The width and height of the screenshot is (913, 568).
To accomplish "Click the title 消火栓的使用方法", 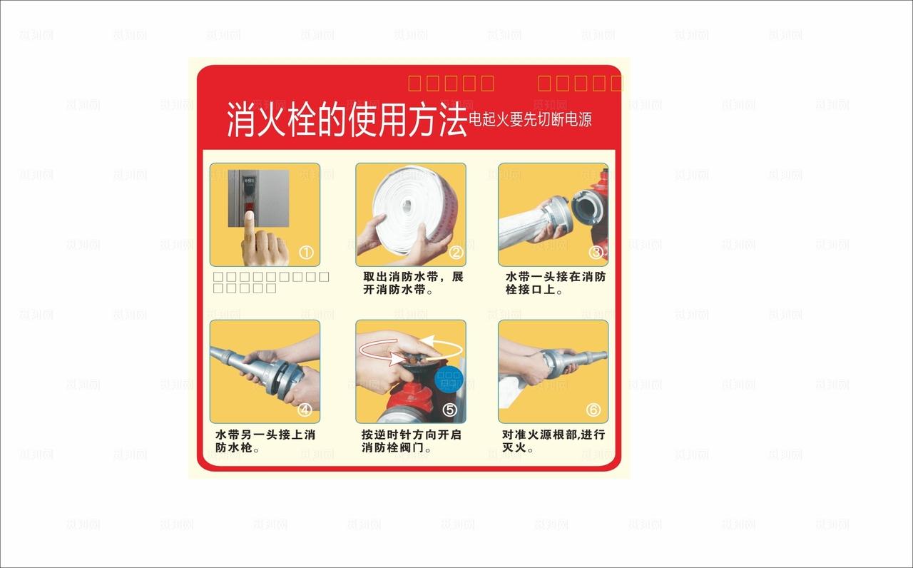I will (x=347, y=120).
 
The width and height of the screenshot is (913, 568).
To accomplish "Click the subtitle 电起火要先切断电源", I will (x=530, y=119).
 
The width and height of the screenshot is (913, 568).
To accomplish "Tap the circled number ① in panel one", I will (x=306, y=252).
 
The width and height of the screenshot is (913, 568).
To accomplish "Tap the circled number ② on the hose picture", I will (x=456, y=252).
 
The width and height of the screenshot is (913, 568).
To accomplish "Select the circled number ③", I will (x=596, y=252).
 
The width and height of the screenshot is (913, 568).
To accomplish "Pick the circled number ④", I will (x=305, y=410).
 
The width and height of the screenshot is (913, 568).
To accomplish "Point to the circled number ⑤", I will (x=449, y=410).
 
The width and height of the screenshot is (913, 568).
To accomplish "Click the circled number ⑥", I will (x=593, y=410).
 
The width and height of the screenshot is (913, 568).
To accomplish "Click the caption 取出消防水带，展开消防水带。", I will (x=413, y=283).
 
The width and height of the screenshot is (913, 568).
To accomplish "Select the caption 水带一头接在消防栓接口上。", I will (x=556, y=283).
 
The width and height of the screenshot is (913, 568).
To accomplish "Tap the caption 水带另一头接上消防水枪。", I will (x=265, y=441).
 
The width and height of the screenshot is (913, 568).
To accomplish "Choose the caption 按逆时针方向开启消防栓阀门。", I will (x=412, y=441).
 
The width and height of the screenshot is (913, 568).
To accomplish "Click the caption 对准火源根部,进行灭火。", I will (x=554, y=441).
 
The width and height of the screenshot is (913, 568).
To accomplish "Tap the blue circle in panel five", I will (x=449, y=378).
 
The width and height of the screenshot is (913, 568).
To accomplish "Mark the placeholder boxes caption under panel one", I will (x=271, y=283).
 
